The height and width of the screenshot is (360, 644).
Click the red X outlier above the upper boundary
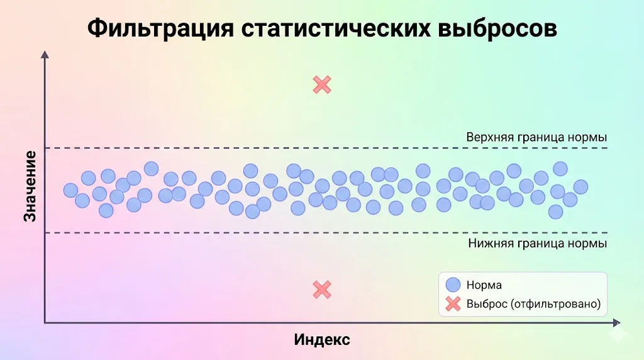[322, 84]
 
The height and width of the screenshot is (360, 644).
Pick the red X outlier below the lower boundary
[322, 290]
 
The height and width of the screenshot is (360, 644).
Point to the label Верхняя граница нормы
[536, 137]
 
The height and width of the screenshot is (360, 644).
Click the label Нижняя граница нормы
[538, 244]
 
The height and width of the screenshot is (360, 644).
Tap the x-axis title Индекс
[322, 340]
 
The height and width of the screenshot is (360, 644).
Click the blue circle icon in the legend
[453, 285]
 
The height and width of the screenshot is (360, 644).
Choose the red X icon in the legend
[453, 305]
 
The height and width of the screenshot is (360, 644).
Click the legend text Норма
[484, 285]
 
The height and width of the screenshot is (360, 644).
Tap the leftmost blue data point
[70, 190]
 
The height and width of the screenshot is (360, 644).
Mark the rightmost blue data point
[580, 187]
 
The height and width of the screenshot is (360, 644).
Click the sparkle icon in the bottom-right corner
[623, 337]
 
